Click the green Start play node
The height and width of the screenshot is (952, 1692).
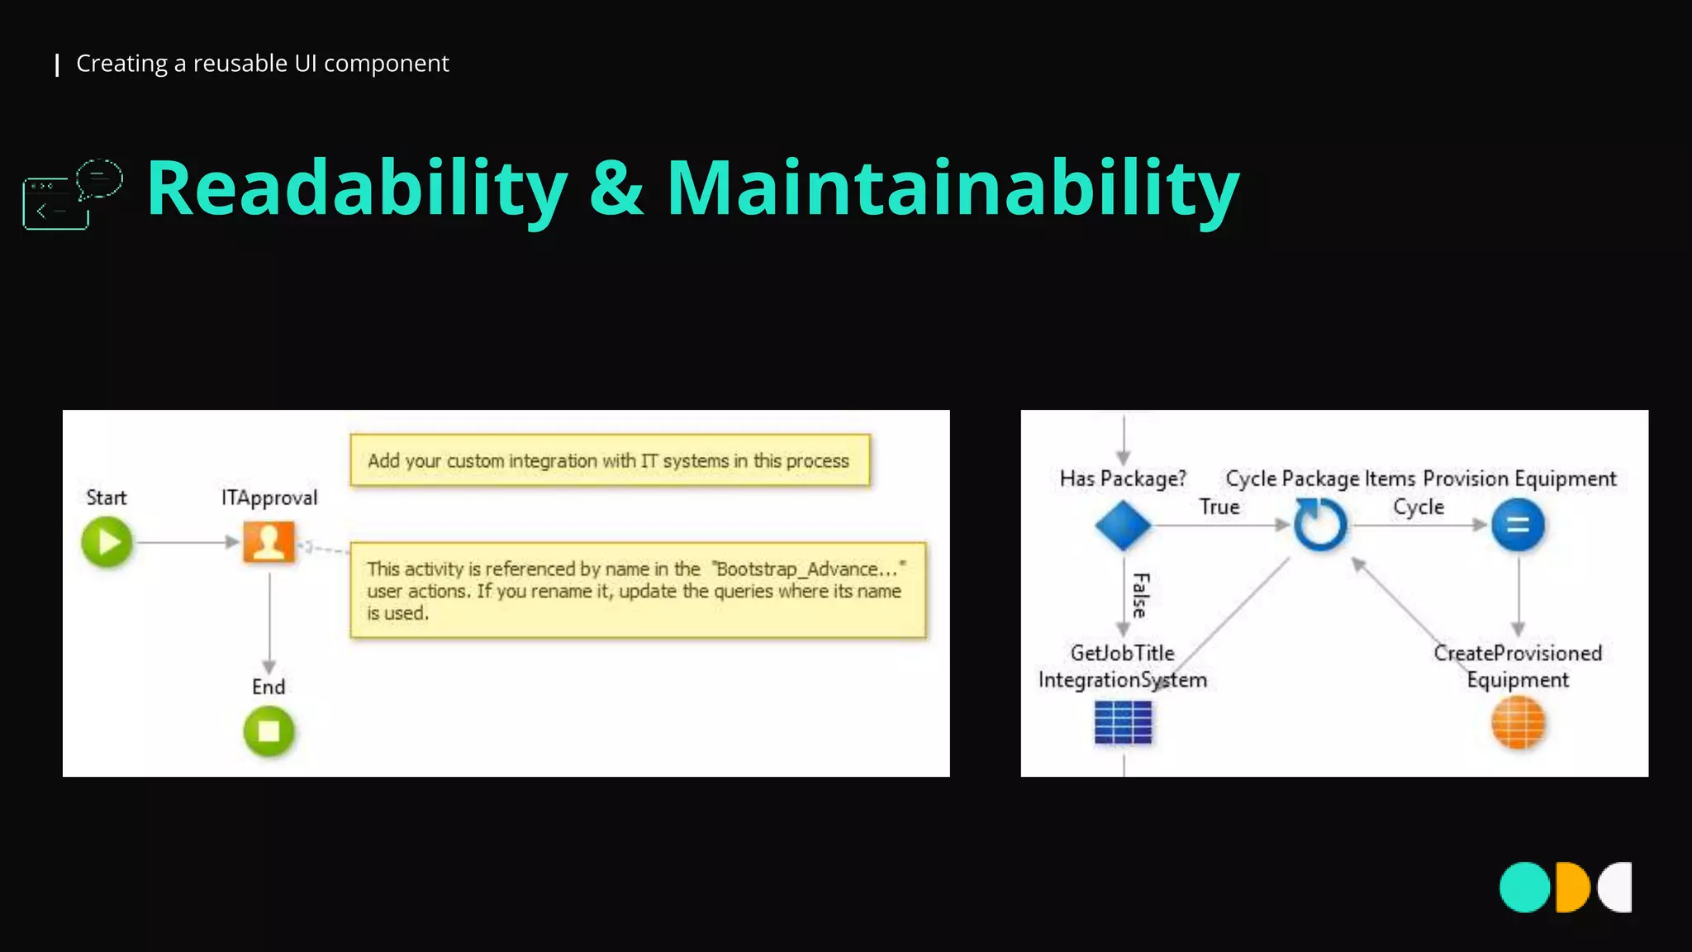(107, 542)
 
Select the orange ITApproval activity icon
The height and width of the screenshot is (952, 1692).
(269, 542)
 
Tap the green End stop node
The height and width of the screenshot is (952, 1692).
(269, 731)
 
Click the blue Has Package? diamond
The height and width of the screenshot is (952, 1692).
(1123, 525)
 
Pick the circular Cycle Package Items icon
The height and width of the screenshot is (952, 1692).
(1319, 525)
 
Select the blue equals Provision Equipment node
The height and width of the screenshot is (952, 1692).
(1518, 525)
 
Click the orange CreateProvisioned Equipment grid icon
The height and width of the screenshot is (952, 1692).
(1518, 722)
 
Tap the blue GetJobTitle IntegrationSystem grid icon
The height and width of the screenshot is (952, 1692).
(1123, 722)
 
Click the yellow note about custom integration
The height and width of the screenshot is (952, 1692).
(610, 460)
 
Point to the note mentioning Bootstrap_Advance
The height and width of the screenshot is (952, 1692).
(638, 590)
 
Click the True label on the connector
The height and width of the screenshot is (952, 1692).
(1219, 507)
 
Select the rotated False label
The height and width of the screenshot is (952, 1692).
(1141, 595)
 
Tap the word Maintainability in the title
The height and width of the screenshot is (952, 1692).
(953, 189)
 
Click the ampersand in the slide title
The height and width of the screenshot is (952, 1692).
(616, 189)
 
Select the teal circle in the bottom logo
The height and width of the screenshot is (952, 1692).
(1524, 888)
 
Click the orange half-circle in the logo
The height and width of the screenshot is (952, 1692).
(1571, 888)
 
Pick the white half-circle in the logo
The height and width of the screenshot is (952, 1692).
(1617, 888)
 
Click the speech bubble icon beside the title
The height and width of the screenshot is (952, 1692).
(99, 178)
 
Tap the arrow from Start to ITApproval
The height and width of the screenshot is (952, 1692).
(187, 542)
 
